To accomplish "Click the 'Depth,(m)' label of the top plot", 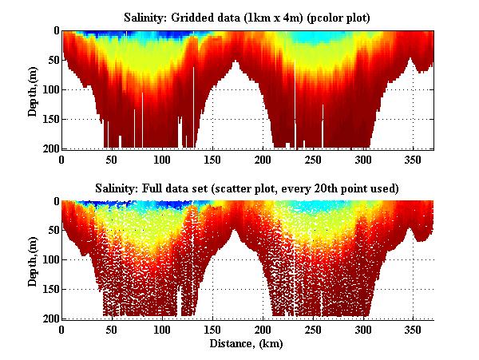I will [x=34, y=89].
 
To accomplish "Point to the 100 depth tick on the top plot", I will [x=49, y=89].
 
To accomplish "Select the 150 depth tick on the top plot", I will [x=49, y=119].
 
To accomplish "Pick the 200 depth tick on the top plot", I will [x=49, y=148].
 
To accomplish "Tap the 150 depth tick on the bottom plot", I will [x=49, y=289].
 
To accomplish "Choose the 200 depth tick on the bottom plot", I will [x=49, y=318].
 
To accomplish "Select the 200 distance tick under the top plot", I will [x=263, y=159].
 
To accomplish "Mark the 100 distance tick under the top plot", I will [x=162, y=159].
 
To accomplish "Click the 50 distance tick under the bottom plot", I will [x=112, y=330].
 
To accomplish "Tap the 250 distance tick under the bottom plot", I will [x=313, y=330].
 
